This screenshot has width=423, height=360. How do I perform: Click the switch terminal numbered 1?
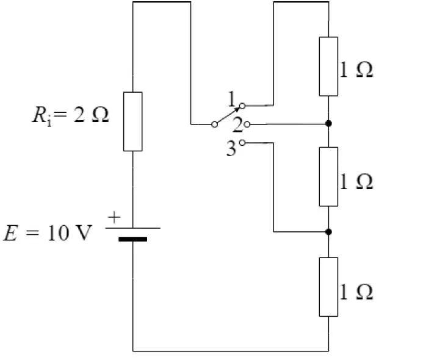[x=242, y=106]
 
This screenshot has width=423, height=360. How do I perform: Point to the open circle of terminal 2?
[x=247, y=124]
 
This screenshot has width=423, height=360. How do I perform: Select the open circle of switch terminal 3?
[x=242, y=143]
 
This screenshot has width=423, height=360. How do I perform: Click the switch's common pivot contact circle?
[x=214, y=124]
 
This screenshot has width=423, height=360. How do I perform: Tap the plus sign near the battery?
[x=114, y=217]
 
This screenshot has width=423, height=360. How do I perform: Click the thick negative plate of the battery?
[x=132, y=239]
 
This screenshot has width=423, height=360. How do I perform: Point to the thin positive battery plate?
[x=132, y=228]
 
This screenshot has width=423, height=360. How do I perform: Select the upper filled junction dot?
[x=328, y=123]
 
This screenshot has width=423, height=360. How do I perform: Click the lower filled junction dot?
[x=328, y=232]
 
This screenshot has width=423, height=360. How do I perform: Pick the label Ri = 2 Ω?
[x=70, y=116]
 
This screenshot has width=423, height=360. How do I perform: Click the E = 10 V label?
[x=48, y=232]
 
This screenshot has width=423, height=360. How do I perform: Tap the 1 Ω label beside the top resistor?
[x=356, y=70]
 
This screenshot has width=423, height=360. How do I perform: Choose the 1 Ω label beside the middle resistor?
[x=356, y=181]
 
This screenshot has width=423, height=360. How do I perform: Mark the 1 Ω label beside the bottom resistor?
[x=356, y=292]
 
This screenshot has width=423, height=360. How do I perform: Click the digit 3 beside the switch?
[x=231, y=149]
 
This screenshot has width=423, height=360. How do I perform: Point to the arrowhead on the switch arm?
[x=237, y=109]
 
